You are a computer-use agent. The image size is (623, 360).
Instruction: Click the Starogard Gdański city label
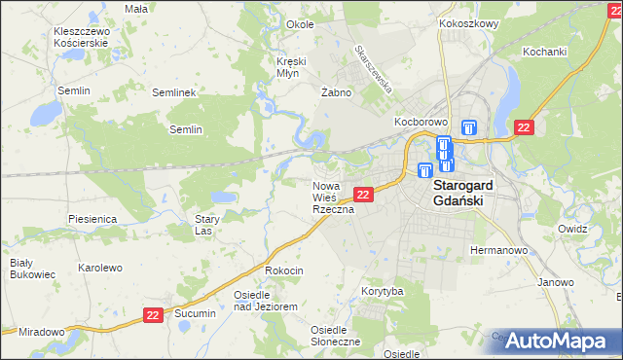463,193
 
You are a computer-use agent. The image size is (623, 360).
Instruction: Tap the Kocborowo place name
420,122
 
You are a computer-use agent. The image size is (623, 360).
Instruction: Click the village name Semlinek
175,92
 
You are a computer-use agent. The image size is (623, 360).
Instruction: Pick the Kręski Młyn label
291,66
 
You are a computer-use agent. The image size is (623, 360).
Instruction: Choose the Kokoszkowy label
468,22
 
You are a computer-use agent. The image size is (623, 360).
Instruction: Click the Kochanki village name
544,51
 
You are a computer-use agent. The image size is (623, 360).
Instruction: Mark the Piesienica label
92,219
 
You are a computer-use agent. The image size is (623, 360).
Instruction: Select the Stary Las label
203,226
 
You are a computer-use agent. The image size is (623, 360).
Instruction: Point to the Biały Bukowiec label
21,269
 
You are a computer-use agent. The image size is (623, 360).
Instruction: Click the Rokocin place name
284,270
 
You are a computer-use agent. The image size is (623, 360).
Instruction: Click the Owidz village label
572,228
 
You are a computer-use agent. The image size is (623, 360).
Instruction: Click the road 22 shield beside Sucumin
153,315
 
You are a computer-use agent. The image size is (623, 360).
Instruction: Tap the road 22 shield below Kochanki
524,127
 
